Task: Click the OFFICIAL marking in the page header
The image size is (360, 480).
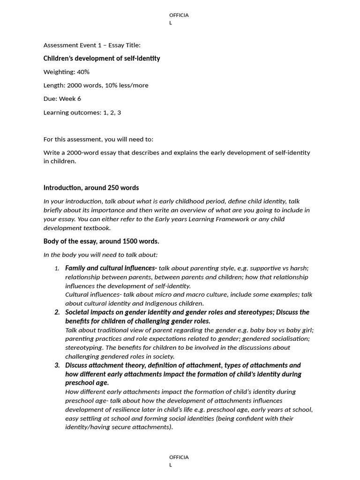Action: coord(180,15)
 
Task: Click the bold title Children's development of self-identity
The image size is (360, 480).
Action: coord(101,59)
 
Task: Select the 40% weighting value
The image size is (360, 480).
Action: coord(83,72)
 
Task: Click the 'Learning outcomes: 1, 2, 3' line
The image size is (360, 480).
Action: coord(82,112)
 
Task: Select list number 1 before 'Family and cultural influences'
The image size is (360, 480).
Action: coord(57,269)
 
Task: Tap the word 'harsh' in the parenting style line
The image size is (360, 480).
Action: coord(299,269)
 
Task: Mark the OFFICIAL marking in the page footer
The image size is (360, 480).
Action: coord(180,457)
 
